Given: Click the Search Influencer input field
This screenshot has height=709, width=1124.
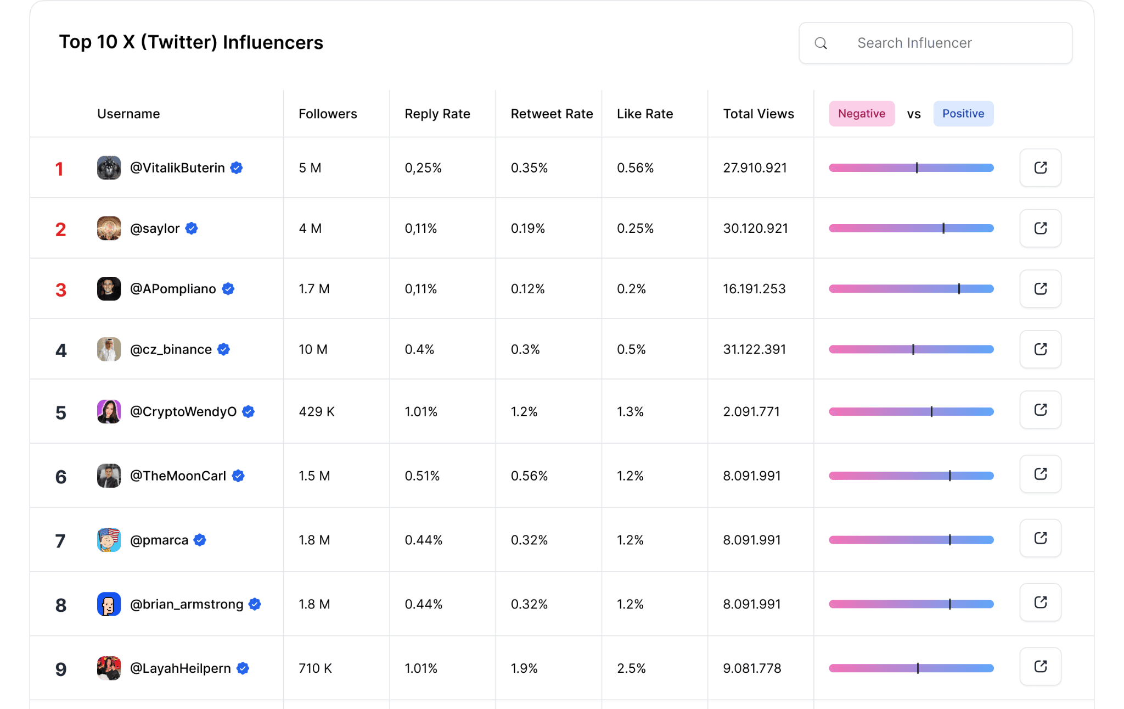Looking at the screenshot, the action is [935, 43].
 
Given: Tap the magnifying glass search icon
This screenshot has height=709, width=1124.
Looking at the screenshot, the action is [820, 43].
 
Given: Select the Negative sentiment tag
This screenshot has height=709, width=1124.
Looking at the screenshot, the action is [862, 114].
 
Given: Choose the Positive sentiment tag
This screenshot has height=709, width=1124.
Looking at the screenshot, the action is [963, 114].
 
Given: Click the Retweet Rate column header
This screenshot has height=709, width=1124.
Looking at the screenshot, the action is [552, 114].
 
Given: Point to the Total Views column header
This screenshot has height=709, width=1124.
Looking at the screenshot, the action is [758, 114].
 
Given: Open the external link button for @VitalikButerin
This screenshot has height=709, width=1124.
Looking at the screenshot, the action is [1040, 168].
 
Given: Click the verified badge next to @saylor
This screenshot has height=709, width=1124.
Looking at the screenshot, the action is [192, 228].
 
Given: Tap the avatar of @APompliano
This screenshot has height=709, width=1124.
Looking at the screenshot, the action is [109, 288].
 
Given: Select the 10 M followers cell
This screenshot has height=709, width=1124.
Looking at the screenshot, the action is [313, 349].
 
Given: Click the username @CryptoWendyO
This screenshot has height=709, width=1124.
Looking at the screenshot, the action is [183, 411].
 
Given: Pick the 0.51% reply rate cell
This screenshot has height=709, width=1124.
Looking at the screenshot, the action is [422, 476].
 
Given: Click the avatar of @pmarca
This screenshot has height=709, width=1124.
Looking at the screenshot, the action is [109, 540].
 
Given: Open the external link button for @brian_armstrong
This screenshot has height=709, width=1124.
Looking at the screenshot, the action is [1040, 602].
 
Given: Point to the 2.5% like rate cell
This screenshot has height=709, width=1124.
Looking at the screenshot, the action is [631, 668].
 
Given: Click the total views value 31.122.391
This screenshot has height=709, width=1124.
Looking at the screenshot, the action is [754, 349].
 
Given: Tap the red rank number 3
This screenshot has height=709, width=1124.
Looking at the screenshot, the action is [61, 290].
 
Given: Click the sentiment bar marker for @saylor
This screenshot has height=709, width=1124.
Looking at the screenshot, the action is [943, 228].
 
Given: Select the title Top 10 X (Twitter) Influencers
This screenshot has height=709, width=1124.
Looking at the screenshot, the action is [191, 42].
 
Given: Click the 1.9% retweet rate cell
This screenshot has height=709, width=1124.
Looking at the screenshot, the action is [524, 668].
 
